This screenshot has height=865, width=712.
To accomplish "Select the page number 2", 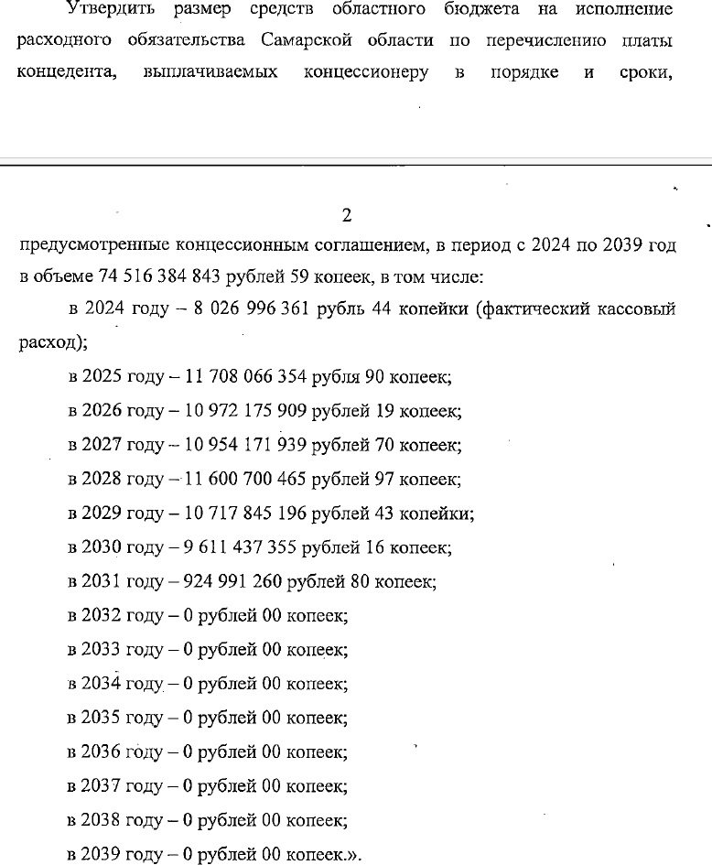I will coord(346,216).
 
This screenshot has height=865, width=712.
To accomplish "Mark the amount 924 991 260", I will coord(234,581).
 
